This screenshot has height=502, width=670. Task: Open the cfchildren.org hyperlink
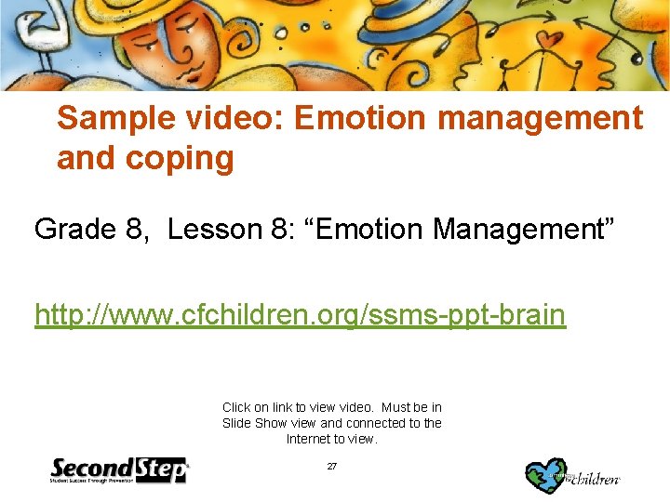[300, 315]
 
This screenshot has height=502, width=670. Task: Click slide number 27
[332, 466]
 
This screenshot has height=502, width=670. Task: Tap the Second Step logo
[119, 470]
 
